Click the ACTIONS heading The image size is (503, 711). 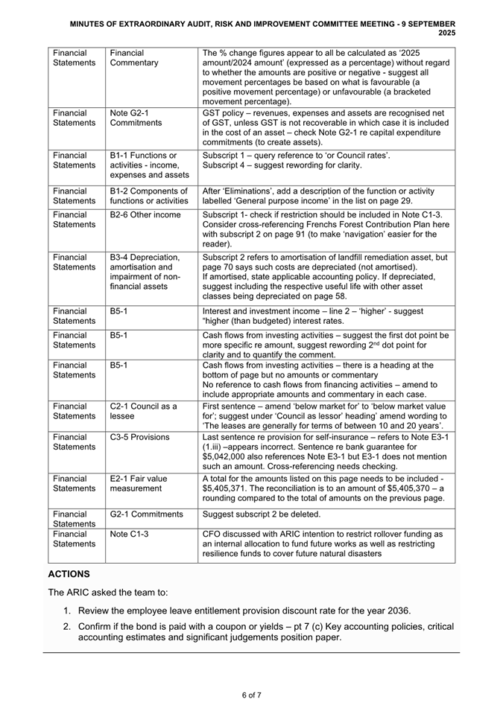pos(69,574)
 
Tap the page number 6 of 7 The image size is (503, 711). pos(251,695)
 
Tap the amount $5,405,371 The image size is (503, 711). pos(229,488)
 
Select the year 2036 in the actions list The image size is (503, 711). pos(394,610)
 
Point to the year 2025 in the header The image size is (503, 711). pos(446,34)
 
